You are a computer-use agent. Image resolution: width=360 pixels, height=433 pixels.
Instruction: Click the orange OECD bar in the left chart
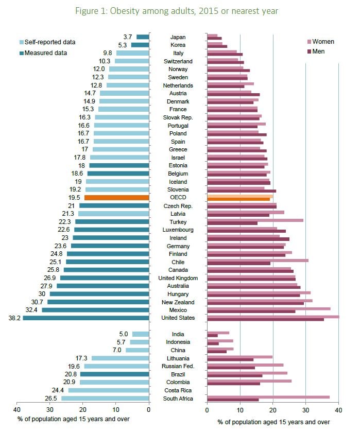click(x=116, y=198)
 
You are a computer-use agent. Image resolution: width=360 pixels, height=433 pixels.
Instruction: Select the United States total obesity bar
click(x=85, y=318)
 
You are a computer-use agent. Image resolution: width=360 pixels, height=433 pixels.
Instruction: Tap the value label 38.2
click(x=14, y=318)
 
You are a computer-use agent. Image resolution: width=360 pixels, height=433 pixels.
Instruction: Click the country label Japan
click(x=178, y=37)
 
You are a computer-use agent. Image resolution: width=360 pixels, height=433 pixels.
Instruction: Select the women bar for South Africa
click(x=268, y=397)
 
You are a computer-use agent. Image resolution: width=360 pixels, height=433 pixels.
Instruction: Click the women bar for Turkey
click(x=255, y=220)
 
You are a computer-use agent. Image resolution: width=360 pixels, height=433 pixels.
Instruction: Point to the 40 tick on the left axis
click(x=17, y=410)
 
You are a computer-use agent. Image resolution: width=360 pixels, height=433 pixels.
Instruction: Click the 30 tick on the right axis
click(x=305, y=410)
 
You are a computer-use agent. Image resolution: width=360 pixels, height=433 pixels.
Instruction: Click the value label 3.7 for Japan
click(x=128, y=37)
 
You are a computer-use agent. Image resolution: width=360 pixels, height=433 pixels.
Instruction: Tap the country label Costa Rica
click(x=178, y=390)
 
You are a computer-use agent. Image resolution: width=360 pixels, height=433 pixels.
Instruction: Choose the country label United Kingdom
click(x=178, y=278)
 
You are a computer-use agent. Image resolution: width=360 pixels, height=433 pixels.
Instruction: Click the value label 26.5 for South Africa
click(x=51, y=399)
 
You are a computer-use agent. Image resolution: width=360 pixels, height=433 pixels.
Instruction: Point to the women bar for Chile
click(x=258, y=260)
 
